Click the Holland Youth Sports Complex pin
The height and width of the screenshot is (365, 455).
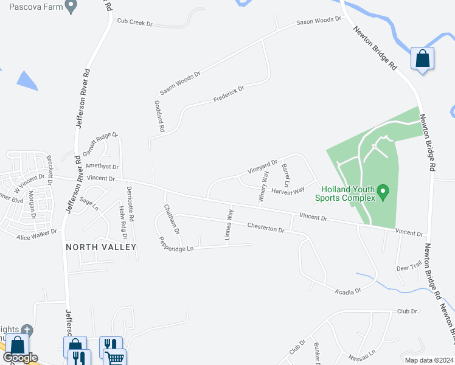pyautogui.click(x=383, y=193)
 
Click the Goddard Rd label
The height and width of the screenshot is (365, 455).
pyautogui.click(x=159, y=116)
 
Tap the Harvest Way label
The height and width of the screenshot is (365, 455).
pyautogui.click(x=288, y=191)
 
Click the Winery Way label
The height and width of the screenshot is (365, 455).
pyautogui.click(x=264, y=186)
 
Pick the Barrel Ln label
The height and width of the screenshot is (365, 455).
pyautogui.click(x=285, y=175)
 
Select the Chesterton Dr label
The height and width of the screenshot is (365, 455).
pyautogui.click(x=266, y=228)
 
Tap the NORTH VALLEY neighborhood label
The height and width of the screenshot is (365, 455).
pyautogui.click(x=101, y=246)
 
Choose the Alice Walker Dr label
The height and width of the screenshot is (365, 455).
pyautogui.click(x=36, y=234)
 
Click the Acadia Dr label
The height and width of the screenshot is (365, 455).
pyautogui.click(x=348, y=291)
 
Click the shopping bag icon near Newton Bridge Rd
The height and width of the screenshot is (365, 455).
pyautogui.click(x=422, y=59)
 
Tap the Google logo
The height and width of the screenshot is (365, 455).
pyautogui.click(x=20, y=358)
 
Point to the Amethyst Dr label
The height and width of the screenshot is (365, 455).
pyautogui.click(x=102, y=166)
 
